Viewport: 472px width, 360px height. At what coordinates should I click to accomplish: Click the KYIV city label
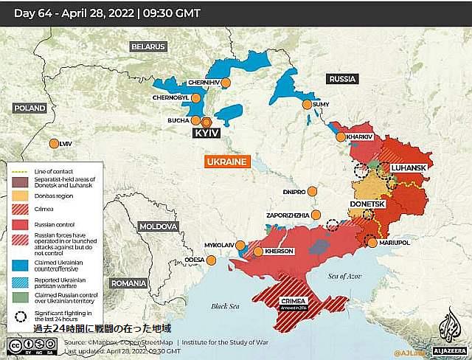point(206,134)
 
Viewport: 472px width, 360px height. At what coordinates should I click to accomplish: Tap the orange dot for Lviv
point(53,144)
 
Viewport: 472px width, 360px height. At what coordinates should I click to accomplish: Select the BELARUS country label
point(148,46)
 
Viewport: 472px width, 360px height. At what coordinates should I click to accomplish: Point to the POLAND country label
point(29,108)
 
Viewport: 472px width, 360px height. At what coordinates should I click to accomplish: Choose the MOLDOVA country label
point(159,226)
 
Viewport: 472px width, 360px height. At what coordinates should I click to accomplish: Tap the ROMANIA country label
point(128,283)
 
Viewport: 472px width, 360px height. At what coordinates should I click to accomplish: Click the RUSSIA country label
point(342,79)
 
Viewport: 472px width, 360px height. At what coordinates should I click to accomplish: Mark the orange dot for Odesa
point(212,260)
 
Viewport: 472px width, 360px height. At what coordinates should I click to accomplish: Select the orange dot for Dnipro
point(311,191)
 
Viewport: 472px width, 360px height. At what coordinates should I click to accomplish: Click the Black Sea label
point(225,306)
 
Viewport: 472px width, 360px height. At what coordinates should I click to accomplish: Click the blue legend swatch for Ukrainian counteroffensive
point(20,264)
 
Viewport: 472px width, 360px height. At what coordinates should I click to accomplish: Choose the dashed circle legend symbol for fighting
point(20,315)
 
